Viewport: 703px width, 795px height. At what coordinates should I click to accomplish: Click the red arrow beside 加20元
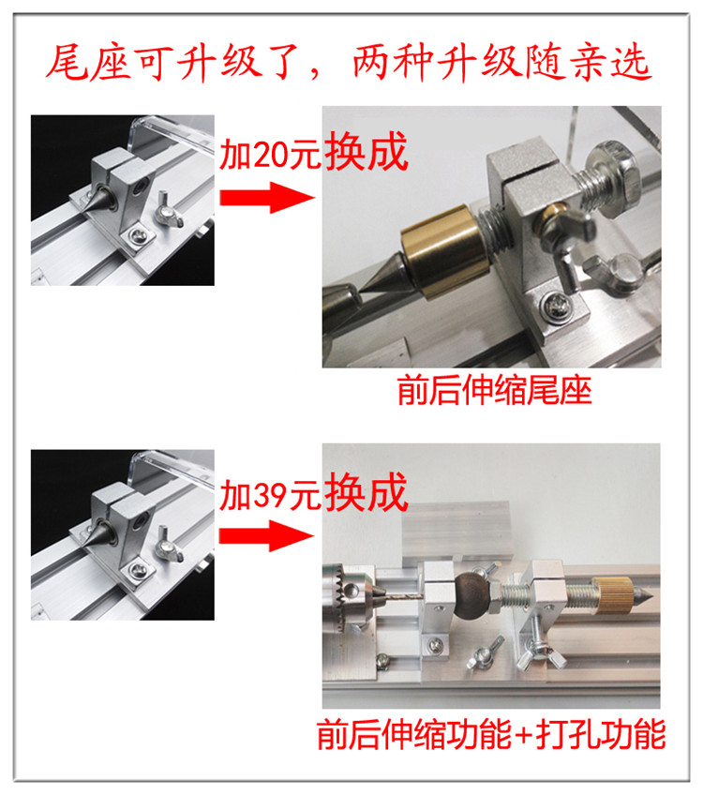tap(266, 197)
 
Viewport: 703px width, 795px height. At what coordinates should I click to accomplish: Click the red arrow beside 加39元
tap(266, 535)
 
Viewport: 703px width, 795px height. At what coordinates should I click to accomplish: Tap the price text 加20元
tap(270, 154)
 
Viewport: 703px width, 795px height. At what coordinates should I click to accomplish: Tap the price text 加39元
tap(270, 495)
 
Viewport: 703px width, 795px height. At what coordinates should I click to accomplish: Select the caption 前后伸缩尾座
tap(495, 390)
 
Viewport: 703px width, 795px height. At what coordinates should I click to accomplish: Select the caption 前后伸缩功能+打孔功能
tap(491, 734)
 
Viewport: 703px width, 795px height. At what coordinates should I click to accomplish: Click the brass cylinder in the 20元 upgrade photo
tap(441, 251)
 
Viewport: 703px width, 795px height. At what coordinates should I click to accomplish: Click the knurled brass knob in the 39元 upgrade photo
tap(614, 594)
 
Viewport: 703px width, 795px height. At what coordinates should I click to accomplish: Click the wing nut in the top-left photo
tap(169, 209)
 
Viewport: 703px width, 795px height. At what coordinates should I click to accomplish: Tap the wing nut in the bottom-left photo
tap(169, 545)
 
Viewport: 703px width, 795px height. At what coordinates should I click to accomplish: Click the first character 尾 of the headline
tap(67, 62)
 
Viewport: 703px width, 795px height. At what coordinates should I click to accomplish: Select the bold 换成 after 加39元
tap(366, 492)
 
